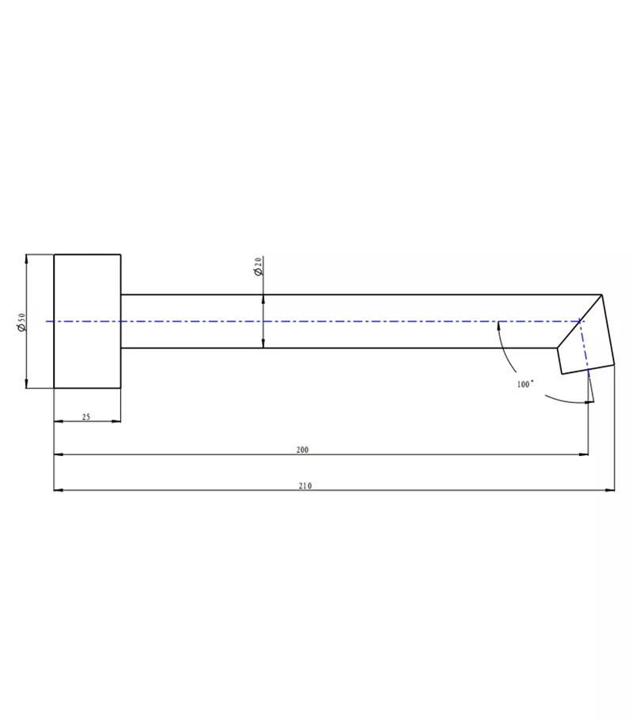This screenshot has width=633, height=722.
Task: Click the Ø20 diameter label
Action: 258,266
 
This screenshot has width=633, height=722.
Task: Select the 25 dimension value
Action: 85,416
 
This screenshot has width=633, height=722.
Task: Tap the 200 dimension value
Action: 301,450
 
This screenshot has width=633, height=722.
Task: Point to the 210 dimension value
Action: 305,485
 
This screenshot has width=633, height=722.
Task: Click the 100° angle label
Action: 525,383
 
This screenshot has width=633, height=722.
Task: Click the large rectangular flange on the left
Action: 87,321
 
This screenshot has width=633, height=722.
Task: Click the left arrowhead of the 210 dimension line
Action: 57,490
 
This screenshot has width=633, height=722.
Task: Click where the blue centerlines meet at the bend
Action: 582,321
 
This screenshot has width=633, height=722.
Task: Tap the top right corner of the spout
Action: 602,294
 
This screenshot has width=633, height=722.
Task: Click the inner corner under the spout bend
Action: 557,348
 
